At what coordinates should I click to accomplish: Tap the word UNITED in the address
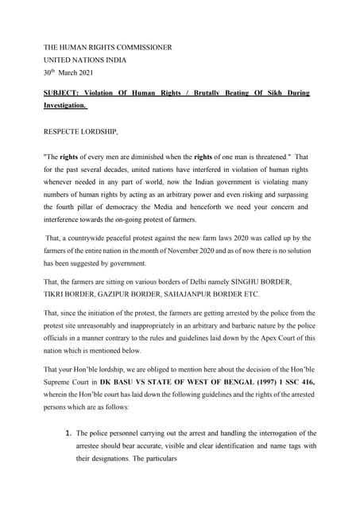point(60,60)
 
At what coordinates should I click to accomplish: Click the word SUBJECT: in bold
point(63,92)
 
